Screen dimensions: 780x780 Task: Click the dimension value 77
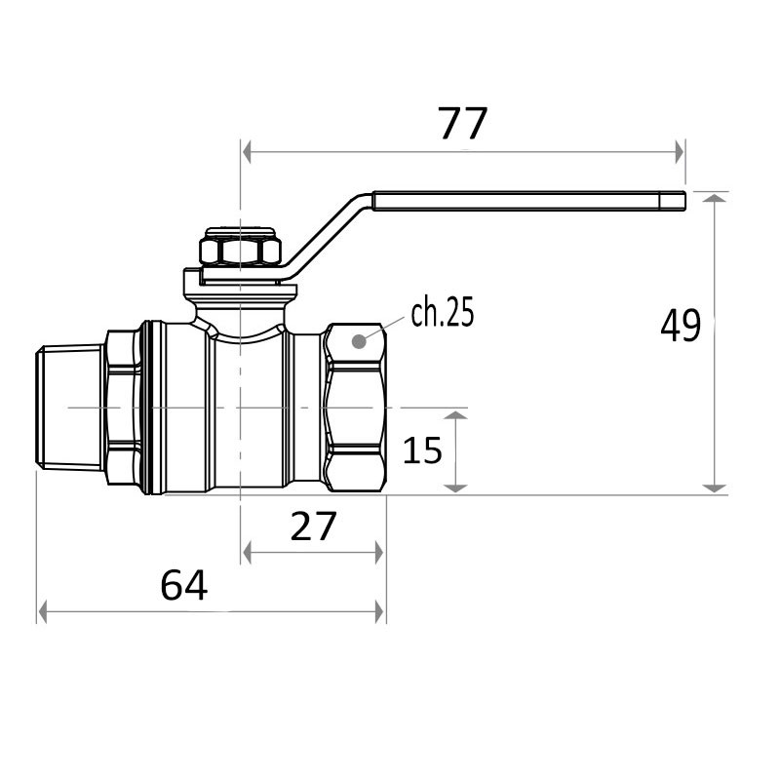click(x=462, y=124)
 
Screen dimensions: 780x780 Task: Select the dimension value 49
click(x=681, y=326)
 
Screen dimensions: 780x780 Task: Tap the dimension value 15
click(x=422, y=449)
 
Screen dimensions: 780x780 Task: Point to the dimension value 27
click(x=313, y=526)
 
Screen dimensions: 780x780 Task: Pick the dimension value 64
click(x=184, y=585)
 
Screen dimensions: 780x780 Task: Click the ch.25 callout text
click(x=442, y=313)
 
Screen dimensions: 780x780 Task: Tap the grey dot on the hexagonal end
click(x=359, y=340)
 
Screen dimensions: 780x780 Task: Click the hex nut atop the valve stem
click(x=241, y=250)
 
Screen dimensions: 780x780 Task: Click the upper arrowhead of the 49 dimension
click(x=716, y=199)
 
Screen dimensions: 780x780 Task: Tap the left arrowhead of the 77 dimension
click(x=248, y=151)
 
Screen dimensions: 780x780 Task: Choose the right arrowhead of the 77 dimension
click(x=679, y=151)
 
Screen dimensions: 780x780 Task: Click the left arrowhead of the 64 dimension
click(x=43, y=612)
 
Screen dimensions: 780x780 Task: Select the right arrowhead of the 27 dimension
click(x=378, y=553)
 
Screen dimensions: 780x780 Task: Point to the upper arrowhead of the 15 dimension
click(x=457, y=416)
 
